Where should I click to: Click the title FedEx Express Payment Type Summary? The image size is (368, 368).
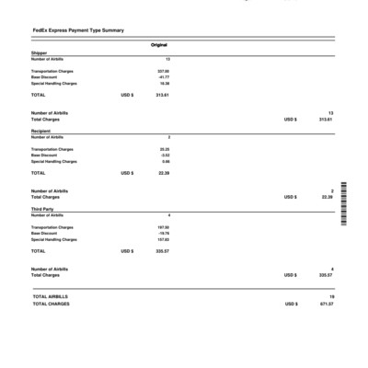tap(78, 30)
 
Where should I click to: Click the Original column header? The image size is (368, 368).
tap(159, 45)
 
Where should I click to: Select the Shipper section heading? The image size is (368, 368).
tap(40, 53)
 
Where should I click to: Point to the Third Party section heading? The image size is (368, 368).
tap(43, 209)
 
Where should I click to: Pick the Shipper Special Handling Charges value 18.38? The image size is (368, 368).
tap(164, 84)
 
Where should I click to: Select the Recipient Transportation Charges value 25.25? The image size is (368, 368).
tap(164, 149)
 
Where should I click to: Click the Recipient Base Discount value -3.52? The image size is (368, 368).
tap(165, 155)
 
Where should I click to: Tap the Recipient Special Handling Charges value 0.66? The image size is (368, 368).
tap(166, 162)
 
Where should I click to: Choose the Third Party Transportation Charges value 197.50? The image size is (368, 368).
tap(163, 227)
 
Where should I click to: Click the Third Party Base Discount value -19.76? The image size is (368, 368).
tap(163, 234)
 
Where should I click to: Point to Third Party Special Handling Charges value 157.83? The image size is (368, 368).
tap(163, 240)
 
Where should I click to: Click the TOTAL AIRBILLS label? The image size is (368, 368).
tap(51, 297)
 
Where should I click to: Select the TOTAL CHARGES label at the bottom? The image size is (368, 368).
tap(51, 304)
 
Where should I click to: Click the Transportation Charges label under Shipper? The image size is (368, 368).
tap(52, 71)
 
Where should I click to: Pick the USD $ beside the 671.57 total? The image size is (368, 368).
tap(290, 304)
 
